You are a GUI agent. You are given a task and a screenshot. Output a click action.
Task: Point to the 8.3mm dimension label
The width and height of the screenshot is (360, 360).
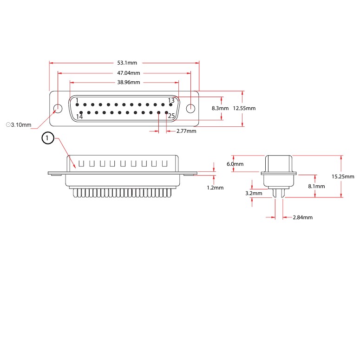(220, 108)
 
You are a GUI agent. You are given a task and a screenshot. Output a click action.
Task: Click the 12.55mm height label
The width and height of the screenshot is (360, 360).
(244, 108)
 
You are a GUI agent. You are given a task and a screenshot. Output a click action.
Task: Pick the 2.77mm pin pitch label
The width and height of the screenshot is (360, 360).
(186, 131)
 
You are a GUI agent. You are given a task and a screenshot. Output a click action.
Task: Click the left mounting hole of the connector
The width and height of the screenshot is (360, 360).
(58, 109)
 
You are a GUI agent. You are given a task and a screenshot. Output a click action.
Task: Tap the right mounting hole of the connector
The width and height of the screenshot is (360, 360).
(190, 109)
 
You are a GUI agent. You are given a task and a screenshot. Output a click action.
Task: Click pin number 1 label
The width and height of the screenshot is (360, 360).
(77, 101)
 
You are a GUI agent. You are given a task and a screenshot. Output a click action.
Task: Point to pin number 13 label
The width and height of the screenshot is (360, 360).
(171, 101)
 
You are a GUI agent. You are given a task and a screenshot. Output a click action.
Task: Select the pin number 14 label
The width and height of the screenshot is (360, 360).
(79, 116)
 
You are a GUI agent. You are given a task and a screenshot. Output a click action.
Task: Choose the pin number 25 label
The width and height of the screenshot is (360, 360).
(171, 116)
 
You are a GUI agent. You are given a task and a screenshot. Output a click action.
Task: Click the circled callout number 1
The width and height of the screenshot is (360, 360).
(48, 138)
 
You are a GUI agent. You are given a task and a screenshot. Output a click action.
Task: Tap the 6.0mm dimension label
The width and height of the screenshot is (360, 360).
(235, 164)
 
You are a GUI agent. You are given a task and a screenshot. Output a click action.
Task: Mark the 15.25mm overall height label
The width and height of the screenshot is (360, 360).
(343, 177)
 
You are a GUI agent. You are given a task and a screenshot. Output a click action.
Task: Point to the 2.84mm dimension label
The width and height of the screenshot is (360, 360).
(303, 217)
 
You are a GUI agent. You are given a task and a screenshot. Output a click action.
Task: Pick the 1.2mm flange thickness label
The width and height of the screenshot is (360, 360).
(215, 188)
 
